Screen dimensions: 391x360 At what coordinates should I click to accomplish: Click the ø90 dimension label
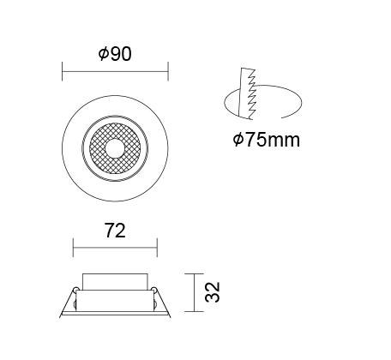115,54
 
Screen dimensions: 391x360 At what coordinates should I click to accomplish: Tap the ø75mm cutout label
267,140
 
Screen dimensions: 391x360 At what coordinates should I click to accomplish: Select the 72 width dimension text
115,231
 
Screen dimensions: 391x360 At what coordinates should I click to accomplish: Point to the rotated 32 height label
213,292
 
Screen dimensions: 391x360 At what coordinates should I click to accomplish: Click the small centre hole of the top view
115,148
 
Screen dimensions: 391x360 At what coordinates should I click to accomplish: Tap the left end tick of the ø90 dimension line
63,71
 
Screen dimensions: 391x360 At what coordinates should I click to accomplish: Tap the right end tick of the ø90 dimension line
168,71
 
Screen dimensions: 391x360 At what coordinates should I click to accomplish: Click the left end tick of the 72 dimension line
73,248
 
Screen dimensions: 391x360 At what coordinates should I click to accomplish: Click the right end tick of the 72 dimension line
157,248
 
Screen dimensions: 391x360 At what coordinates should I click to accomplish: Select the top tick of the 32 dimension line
195,274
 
